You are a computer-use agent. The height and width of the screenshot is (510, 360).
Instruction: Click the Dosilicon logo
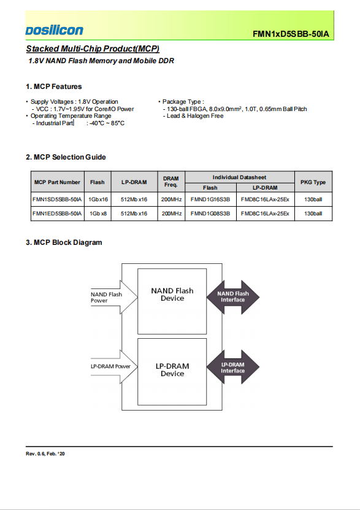click(54, 30)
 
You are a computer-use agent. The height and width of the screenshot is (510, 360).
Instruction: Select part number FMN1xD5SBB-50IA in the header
click(291, 34)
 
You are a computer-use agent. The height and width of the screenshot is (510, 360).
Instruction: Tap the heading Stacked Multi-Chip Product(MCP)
click(93, 48)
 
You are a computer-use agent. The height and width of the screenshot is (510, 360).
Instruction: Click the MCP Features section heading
click(53, 87)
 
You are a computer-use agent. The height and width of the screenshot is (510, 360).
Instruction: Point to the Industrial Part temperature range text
click(79, 123)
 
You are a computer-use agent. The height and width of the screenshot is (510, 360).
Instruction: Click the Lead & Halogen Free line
click(193, 116)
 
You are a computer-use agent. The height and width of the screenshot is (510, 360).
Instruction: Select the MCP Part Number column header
click(57, 182)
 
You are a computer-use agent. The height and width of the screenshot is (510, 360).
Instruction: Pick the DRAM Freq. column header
click(171, 182)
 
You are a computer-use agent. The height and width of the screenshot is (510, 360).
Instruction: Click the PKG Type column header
click(313, 182)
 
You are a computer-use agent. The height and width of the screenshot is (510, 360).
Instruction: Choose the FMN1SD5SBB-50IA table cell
click(57, 199)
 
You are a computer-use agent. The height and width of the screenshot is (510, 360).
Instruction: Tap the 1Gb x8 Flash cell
click(98, 214)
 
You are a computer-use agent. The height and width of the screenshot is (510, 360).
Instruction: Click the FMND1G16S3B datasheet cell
click(210, 199)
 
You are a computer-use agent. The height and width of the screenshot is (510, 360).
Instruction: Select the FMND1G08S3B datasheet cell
click(210, 214)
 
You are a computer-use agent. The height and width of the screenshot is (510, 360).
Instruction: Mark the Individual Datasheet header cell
click(239, 177)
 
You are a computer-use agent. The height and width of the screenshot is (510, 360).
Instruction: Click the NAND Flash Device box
click(172, 301)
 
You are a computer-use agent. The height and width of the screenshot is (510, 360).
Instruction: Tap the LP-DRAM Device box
click(172, 372)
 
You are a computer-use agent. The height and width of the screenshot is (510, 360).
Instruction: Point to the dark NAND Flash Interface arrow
click(232, 297)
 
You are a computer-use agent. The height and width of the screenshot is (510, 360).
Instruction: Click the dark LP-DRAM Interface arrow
click(232, 367)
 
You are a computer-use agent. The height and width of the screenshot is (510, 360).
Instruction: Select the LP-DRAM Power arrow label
click(110, 366)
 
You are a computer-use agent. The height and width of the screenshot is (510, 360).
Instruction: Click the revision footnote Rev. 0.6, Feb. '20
click(45, 454)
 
